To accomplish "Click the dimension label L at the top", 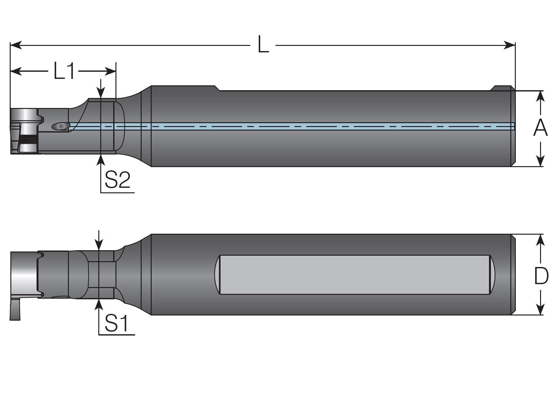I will pyautogui.click(x=263, y=45).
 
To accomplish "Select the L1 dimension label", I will pyautogui.click(x=64, y=71).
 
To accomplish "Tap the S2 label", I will pyautogui.click(x=117, y=180).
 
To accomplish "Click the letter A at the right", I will pyautogui.click(x=540, y=128).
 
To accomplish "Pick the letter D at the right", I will pyautogui.click(x=541, y=276).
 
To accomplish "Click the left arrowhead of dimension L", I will pyautogui.click(x=16, y=45).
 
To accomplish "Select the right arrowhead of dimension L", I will pyautogui.click(x=510, y=45).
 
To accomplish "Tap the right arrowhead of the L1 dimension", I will pyautogui.click(x=111, y=71).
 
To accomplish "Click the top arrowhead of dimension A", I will pyautogui.click(x=540, y=96).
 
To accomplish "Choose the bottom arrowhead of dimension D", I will pyautogui.click(x=540, y=310).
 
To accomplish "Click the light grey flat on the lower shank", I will pyautogui.click(x=354, y=275).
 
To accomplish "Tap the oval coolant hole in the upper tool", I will pyautogui.click(x=60, y=126).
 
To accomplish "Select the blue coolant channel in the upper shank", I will pyautogui.click(x=291, y=126).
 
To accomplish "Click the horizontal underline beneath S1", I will pyautogui.click(x=117, y=335).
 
